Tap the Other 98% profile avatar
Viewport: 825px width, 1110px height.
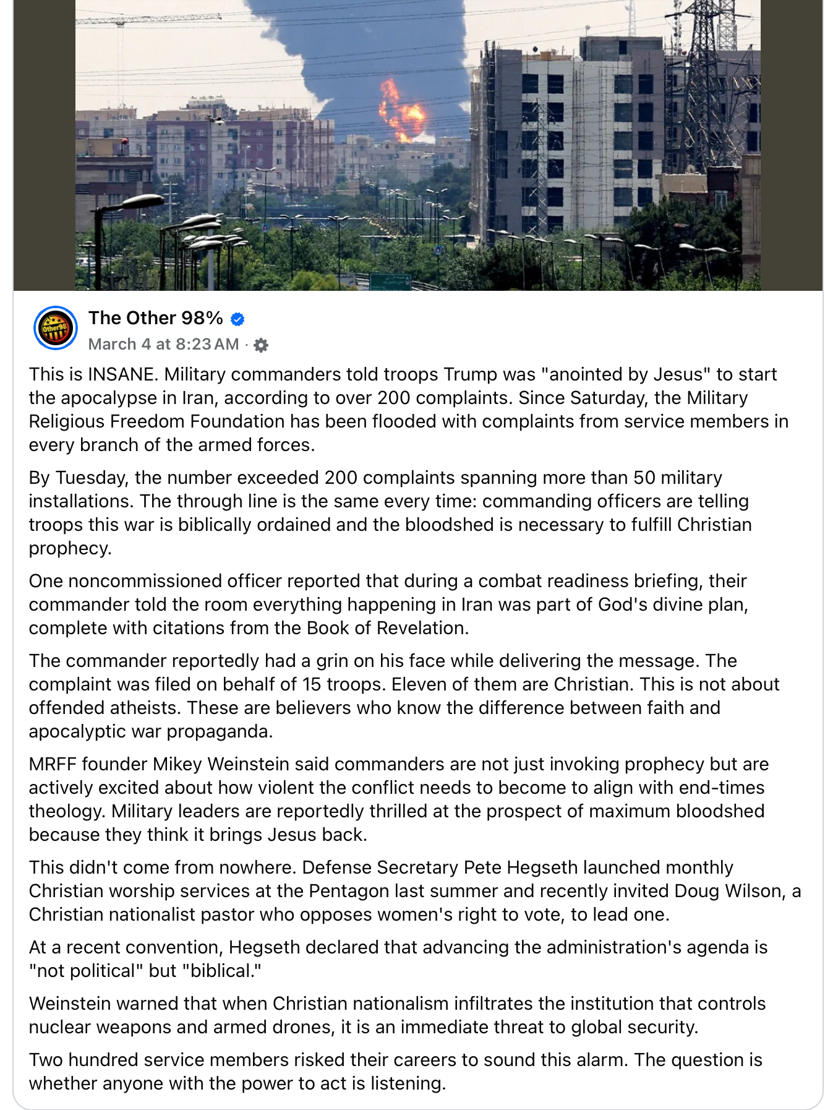(x=55, y=328)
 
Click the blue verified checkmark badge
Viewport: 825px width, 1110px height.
(x=237, y=319)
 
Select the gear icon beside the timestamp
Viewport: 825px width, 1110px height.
(x=261, y=345)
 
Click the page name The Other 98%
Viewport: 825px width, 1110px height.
(x=155, y=318)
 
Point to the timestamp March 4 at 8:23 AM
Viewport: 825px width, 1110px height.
(x=163, y=344)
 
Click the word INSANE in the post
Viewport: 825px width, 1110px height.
(x=121, y=374)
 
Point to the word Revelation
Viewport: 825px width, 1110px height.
(x=422, y=628)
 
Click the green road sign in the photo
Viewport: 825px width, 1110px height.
(x=390, y=282)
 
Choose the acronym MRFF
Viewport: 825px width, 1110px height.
(x=52, y=764)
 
